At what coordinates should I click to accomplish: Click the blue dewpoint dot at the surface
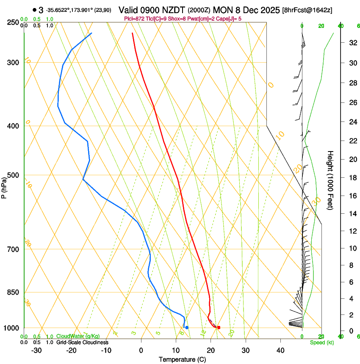pos(187,328)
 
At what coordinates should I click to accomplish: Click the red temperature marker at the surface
pos(219,328)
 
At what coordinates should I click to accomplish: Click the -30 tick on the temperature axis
pos(36,350)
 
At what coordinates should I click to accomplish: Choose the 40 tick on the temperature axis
pos(280,350)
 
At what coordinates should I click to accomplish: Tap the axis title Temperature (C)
pos(182,359)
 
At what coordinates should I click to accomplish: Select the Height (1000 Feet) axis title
pos(330,180)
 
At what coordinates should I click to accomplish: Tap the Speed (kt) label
pos(321,342)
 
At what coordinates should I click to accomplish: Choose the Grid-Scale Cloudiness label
pos(82,342)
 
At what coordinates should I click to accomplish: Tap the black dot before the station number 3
pos(34,10)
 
